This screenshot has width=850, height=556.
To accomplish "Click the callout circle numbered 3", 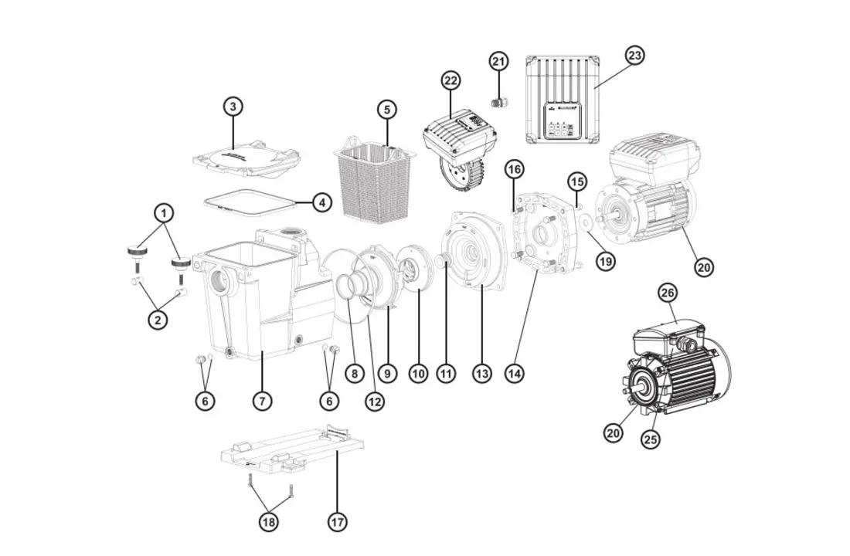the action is click(233, 107).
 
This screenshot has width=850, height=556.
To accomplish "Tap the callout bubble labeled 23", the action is click(634, 56).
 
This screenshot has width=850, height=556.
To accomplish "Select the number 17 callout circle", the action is click(337, 523).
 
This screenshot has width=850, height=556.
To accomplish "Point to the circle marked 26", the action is click(667, 293).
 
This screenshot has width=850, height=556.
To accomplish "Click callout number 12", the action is click(375, 401).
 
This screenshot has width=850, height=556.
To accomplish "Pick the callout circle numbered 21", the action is click(498, 62).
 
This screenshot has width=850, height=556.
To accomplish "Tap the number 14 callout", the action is click(514, 374).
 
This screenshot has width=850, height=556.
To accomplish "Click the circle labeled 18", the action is click(269, 523).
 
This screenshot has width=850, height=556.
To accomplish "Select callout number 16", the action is click(515, 169).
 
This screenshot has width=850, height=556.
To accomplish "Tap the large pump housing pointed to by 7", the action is click(247, 309).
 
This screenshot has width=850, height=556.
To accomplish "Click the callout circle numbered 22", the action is click(450, 80).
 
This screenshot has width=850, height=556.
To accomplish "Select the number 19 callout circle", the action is click(606, 261).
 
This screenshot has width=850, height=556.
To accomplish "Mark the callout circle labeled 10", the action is click(418, 374).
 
